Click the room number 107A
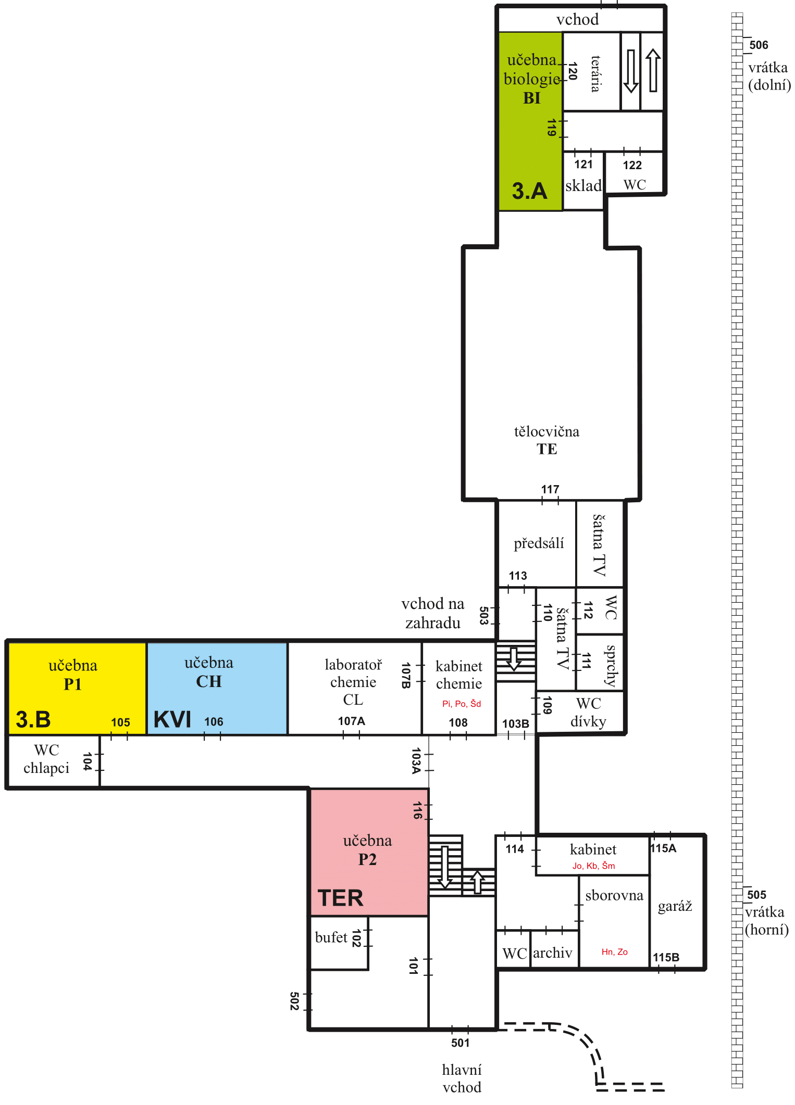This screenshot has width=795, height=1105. click(352, 721)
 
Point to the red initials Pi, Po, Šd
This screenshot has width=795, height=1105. click(461, 704)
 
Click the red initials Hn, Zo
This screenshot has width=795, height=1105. click(614, 952)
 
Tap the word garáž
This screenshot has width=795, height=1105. click(675, 906)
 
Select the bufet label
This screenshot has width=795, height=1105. click(331, 937)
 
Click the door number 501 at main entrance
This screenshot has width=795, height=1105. click(460, 1043)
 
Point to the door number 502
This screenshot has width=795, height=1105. click(294, 1001)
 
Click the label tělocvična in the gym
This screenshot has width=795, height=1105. click(546, 431)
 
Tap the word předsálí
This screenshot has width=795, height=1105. click(539, 543)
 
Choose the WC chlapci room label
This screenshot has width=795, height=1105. click(46, 759)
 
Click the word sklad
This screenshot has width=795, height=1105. click(583, 185)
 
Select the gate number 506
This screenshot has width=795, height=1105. click(759, 45)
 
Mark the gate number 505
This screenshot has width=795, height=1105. click(756, 895)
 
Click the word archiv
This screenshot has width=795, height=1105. click(552, 952)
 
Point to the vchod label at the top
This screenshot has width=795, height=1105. click(577, 20)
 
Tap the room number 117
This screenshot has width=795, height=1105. click(550, 489)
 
